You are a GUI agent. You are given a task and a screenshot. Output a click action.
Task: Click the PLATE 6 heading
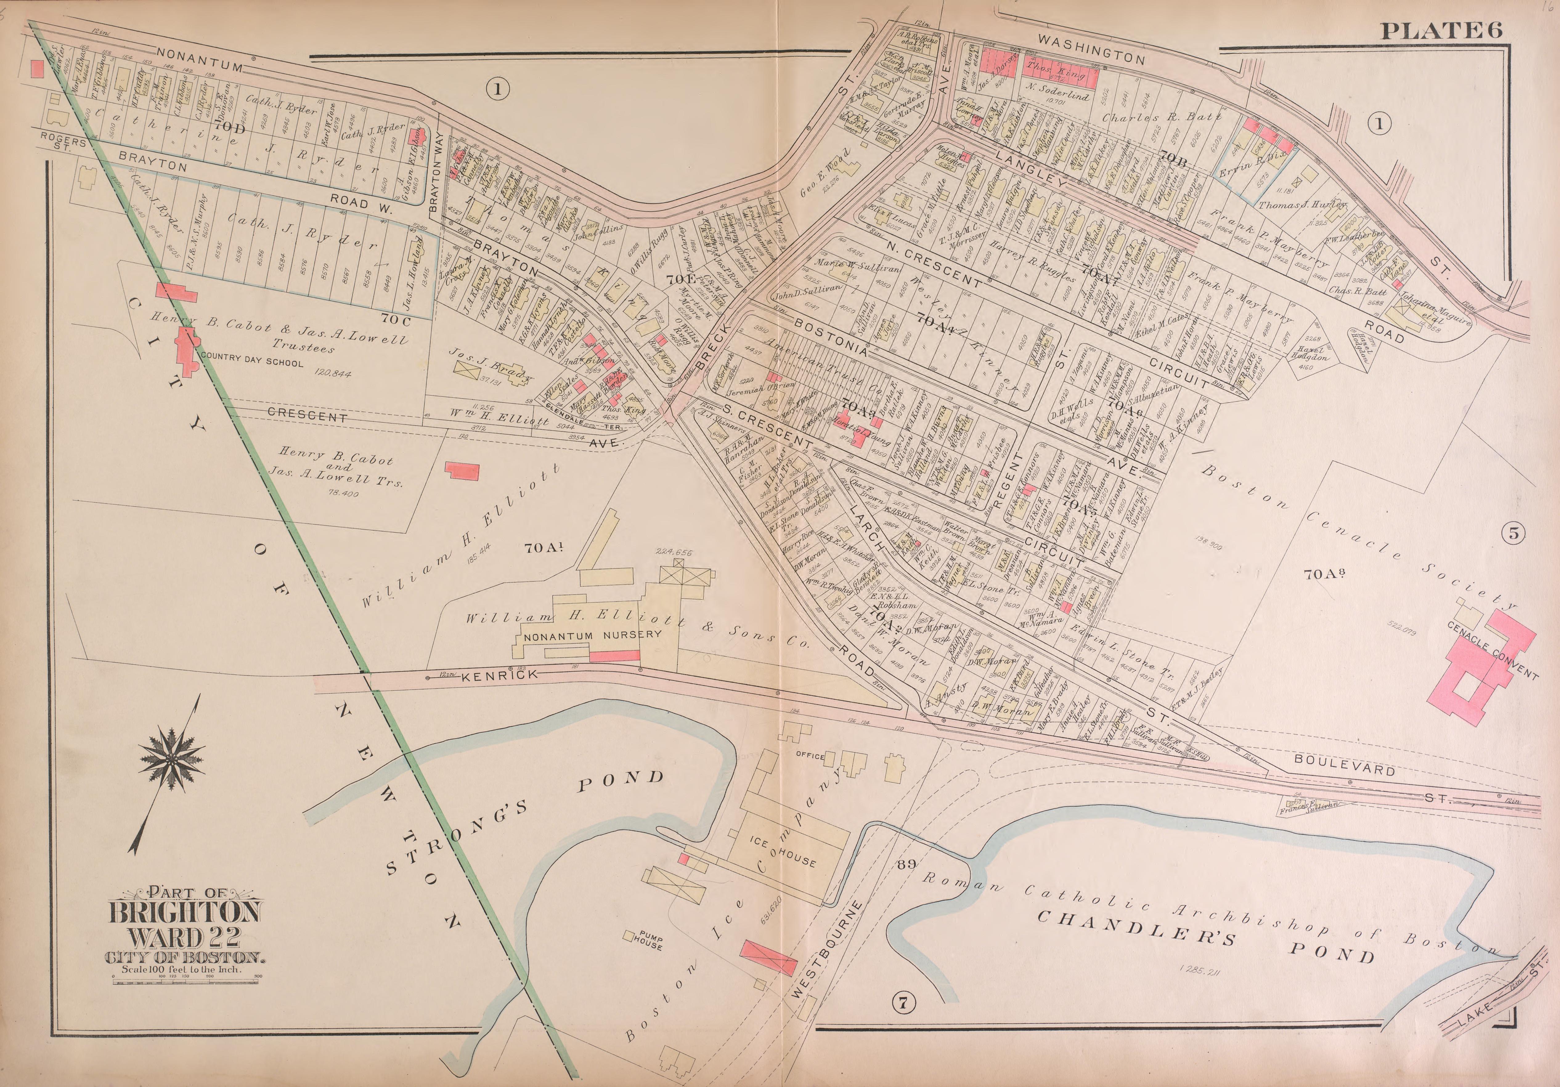[x=1440, y=30]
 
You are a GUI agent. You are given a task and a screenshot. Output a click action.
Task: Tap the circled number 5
[x=1514, y=533]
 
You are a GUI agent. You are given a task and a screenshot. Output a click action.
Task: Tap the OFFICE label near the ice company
[x=810, y=756]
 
